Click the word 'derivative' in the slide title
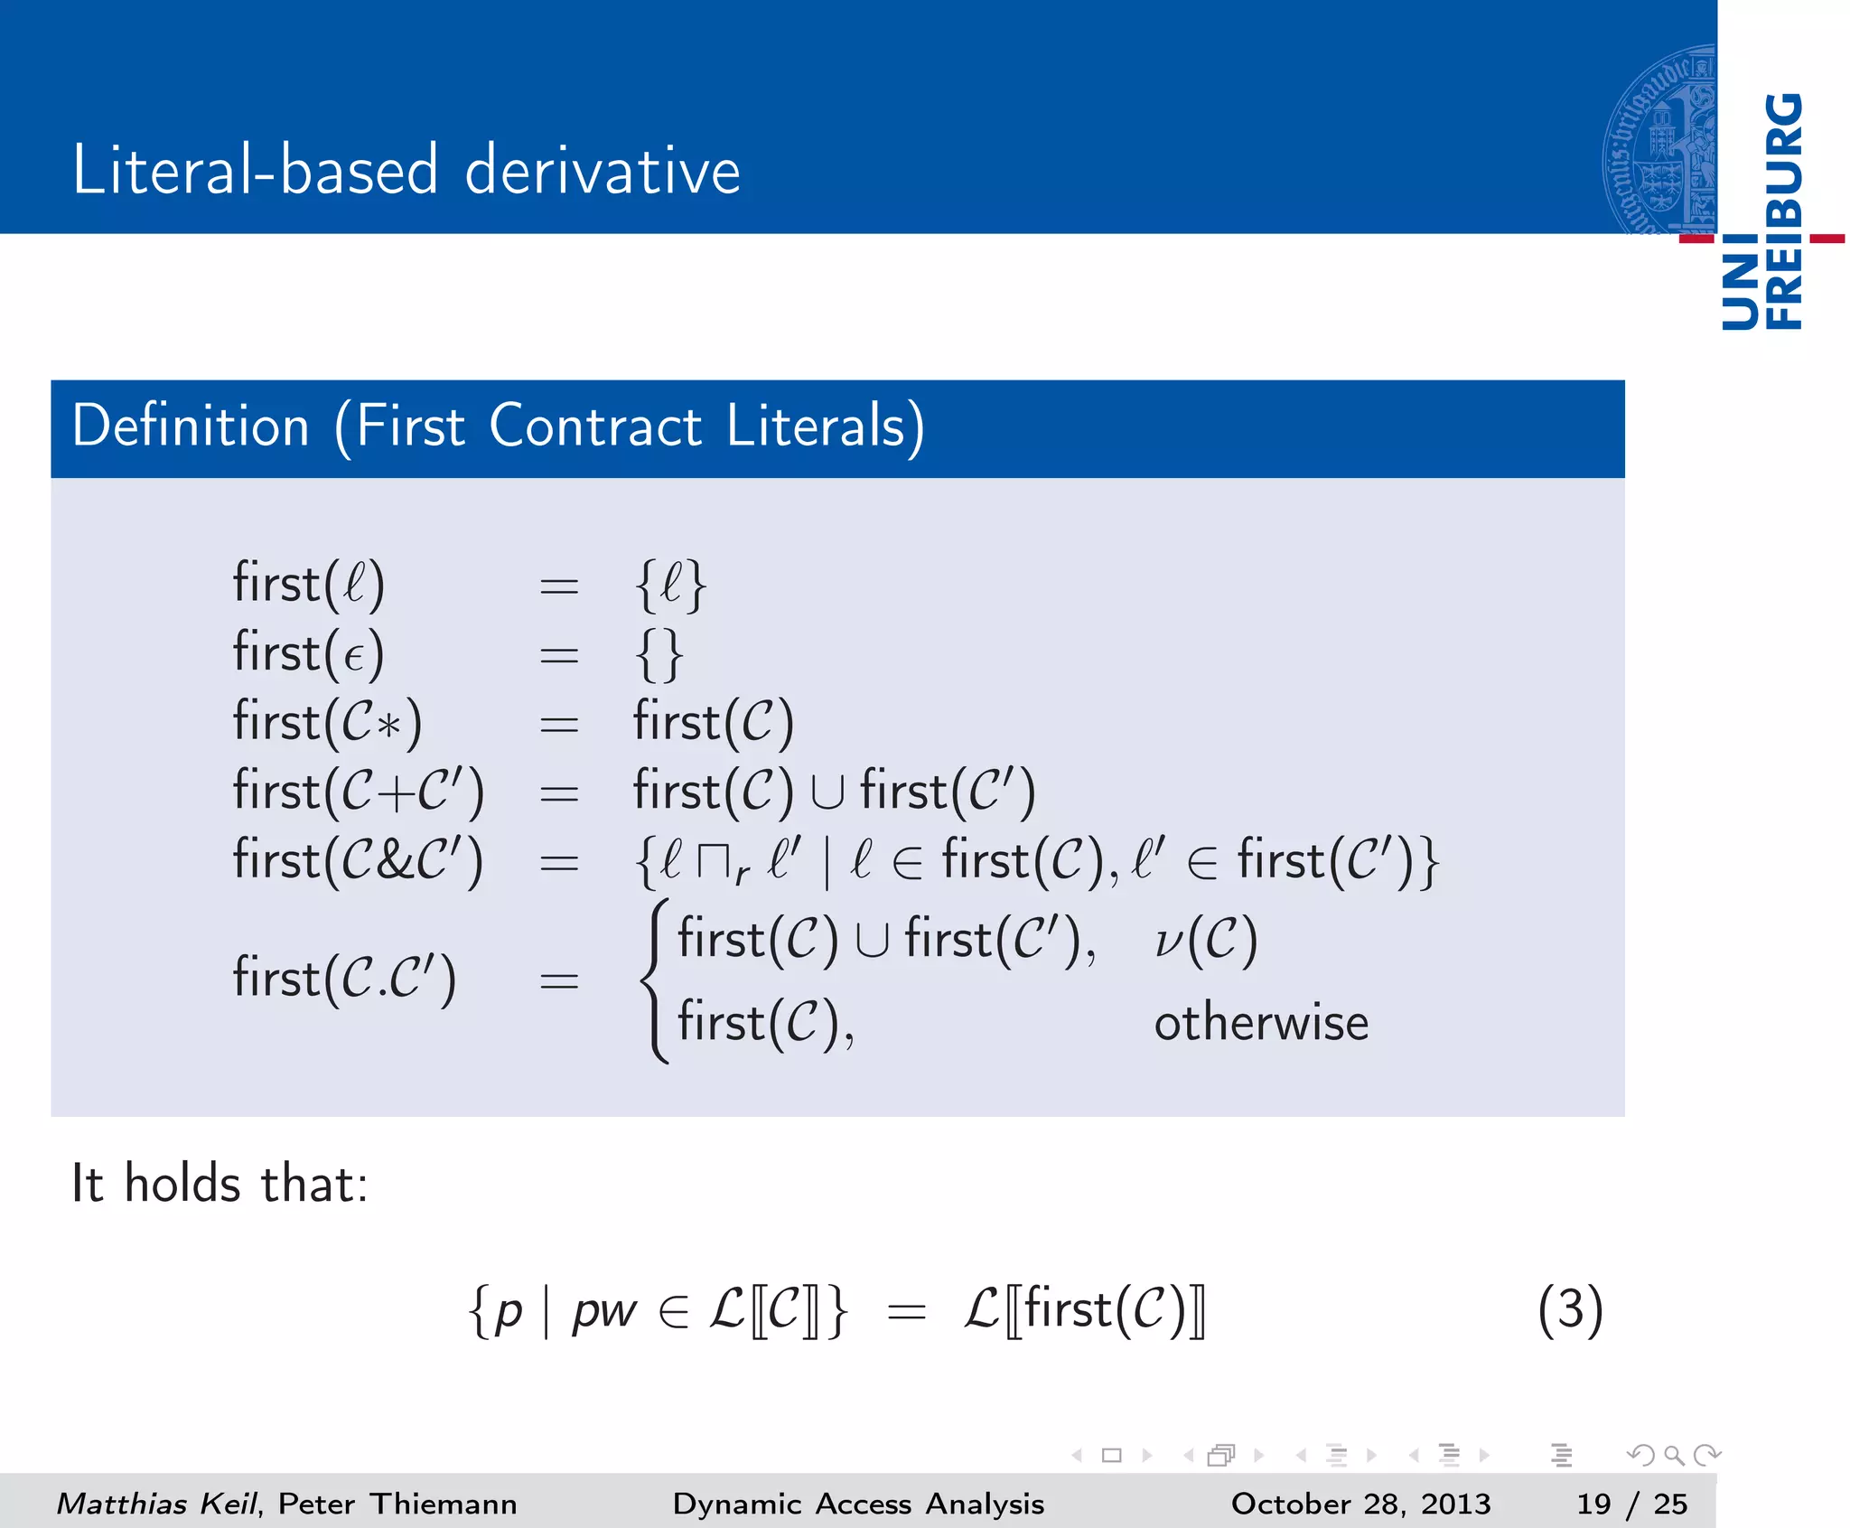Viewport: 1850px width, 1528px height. coord(603,170)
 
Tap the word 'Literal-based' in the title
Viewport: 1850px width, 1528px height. coord(256,170)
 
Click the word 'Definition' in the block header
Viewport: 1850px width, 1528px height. coord(191,426)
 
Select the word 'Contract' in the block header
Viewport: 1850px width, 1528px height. coord(595,426)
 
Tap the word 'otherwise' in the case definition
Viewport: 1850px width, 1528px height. coord(1261,1023)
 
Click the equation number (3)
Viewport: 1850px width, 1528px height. coord(1570,1309)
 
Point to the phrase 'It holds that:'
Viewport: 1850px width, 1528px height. coord(220,1184)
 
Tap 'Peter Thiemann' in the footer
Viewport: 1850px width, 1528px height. coord(397,1504)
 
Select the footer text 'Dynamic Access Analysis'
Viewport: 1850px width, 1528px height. coord(858,1504)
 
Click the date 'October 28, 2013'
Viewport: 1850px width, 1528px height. coord(1360,1504)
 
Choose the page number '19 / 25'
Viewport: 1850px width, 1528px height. coord(1631,1504)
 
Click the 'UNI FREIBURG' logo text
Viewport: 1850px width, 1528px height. coord(1762,212)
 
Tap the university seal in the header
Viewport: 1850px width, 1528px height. coord(1660,140)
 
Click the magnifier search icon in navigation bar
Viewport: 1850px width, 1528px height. coord(1674,1455)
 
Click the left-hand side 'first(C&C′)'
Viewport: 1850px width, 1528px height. coord(358,860)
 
